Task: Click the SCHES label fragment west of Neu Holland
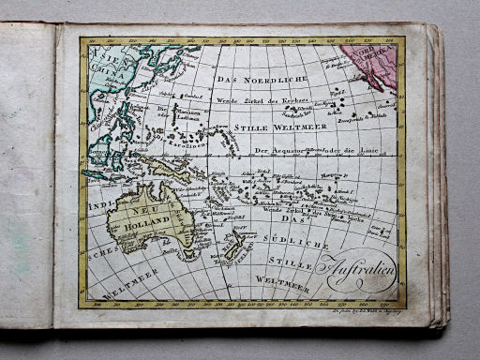pos(97,252)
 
